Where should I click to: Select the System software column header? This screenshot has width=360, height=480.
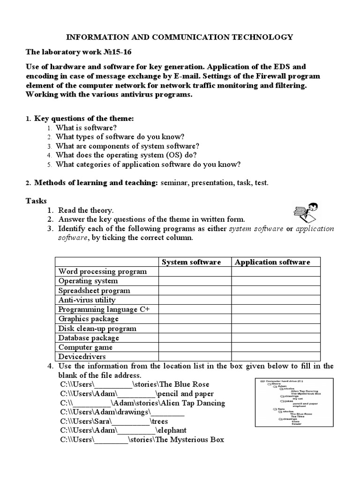191,262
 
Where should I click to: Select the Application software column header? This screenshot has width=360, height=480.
272,262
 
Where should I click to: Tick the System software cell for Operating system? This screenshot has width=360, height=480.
195,281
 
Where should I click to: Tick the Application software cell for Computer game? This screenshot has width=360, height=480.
276,347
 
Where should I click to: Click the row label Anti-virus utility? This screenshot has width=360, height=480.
87,300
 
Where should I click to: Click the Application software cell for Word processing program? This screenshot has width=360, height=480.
276,271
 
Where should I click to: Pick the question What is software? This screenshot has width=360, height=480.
86,127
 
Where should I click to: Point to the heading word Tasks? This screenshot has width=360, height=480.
36,201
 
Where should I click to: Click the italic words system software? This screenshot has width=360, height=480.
256,229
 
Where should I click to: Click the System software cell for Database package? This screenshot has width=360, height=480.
195,338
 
